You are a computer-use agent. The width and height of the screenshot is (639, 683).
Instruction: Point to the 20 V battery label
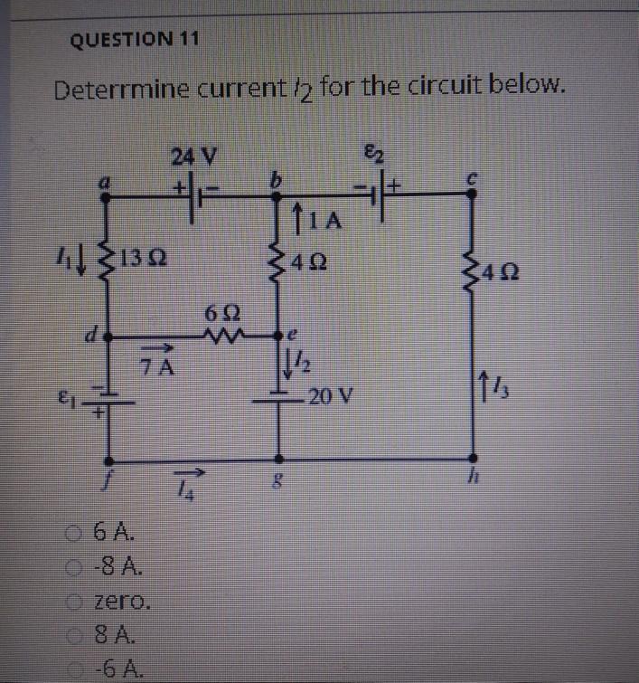point(331,395)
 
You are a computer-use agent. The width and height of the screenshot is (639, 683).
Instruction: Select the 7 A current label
point(163,366)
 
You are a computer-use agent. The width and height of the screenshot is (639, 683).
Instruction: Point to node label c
point(471,179)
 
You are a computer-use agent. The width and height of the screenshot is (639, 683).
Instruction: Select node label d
point(92,337)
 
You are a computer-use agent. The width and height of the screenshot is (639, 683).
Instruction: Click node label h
point(473,479)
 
